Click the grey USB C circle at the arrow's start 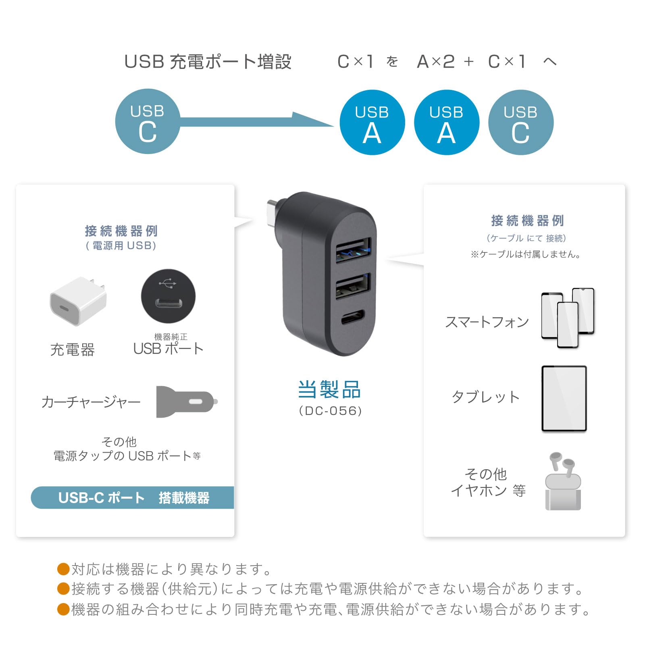[148, 121]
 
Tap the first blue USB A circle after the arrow [372, 123]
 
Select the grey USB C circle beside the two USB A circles [520, 123]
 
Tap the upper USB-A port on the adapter [353, 250]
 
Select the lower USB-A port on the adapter [353, 285]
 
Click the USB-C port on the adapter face [353, 317]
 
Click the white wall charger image [78, 300]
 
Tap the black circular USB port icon [168, 296]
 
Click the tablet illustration [564, 399]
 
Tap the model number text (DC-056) [330, 411]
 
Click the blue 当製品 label [329, 389]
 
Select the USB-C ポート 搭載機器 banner [133, 497]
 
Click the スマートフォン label [487, 322]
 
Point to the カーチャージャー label [91, 402]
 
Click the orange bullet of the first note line [64, 569]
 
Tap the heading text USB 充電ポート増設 [208, 62]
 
